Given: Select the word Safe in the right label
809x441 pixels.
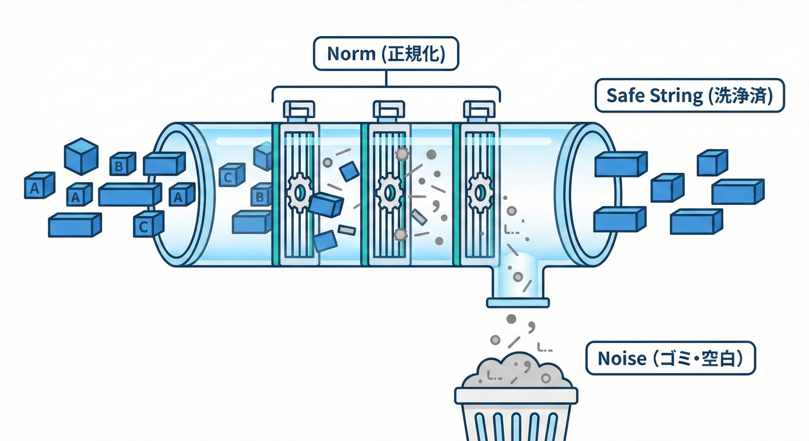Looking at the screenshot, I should (x=621, y=95).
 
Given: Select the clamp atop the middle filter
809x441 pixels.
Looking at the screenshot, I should (x=389, y=109).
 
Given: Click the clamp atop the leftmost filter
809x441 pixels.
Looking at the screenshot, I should (x=299, y=109).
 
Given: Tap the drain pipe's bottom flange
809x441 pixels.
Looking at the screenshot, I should (x=518, y=301).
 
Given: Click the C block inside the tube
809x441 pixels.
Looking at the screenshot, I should (x=232, y=176).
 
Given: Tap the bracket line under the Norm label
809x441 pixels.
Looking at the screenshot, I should (x=386, y=87).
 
